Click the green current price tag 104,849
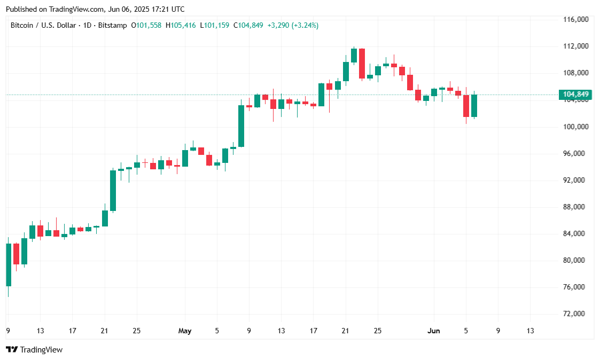pos(575,95)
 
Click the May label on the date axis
pos(184,331)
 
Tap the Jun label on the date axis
pos(434,331)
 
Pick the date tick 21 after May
pos(345,331)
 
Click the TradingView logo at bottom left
pos(34,350)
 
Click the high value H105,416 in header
pos(181,25)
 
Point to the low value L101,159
pos(215,25)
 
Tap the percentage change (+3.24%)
pos(305,25)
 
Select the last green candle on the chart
pos(474,106)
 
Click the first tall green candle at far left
pos(9,264)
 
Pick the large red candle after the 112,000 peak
pos(362,64)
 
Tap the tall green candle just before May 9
pos(241,126)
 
